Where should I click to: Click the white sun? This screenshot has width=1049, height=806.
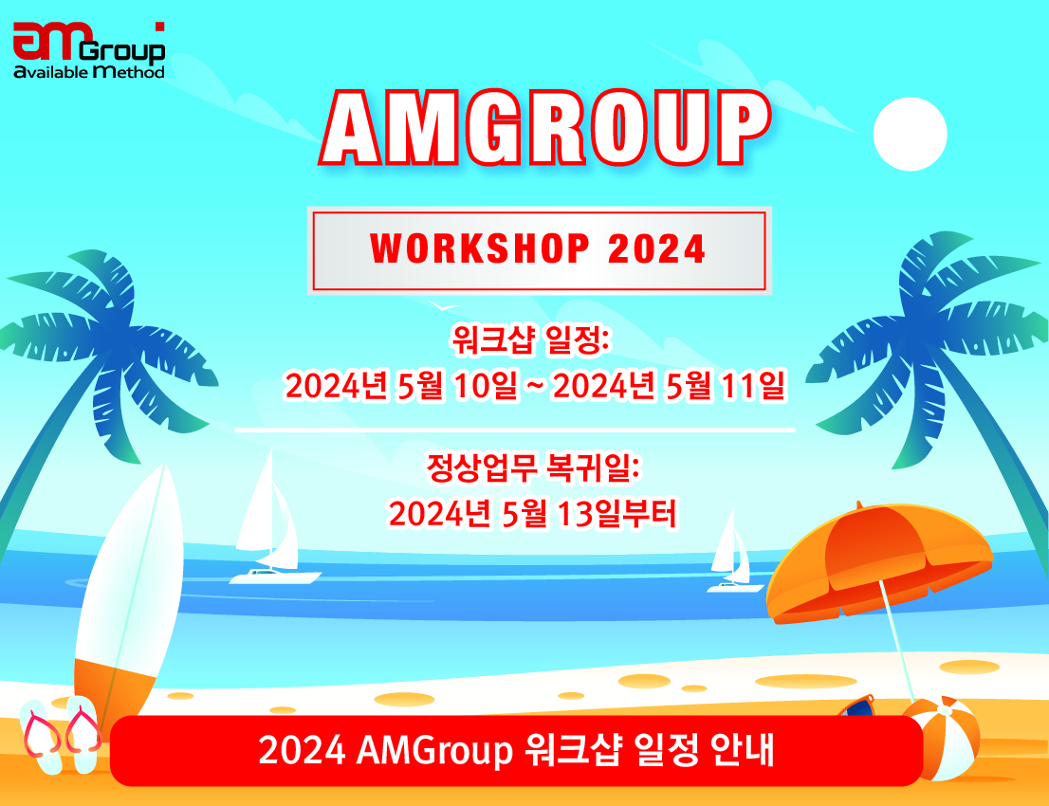tap(910, 134)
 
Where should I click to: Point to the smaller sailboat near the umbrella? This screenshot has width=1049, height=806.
tap(731, 555)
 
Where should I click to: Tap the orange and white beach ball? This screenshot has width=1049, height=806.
tap(939, 738)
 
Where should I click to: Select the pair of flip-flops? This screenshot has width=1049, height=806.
tap(61, 734)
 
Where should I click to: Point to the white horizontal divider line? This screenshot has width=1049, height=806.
tap(514, 430)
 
